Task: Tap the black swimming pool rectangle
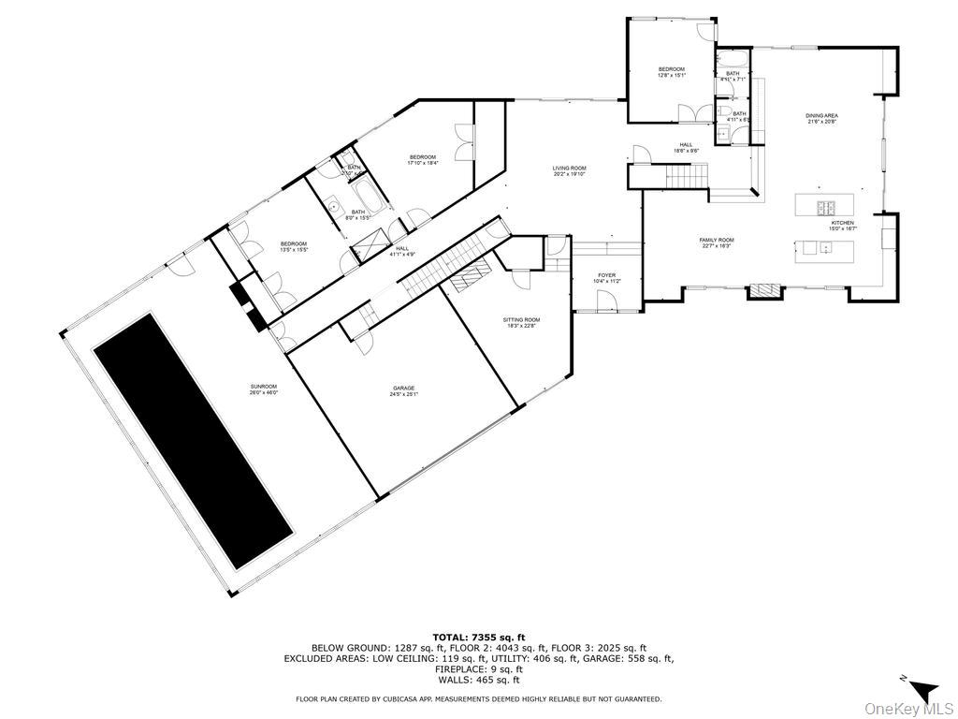[191, 440]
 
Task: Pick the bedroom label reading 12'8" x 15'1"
[671, 72]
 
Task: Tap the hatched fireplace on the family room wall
[762, 290]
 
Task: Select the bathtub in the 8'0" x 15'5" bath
[365, 198]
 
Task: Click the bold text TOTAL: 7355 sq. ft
[478, 637]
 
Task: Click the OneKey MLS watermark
[903, 708]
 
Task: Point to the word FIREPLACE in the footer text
[457, 669]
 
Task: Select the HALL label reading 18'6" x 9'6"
[685, 147]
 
